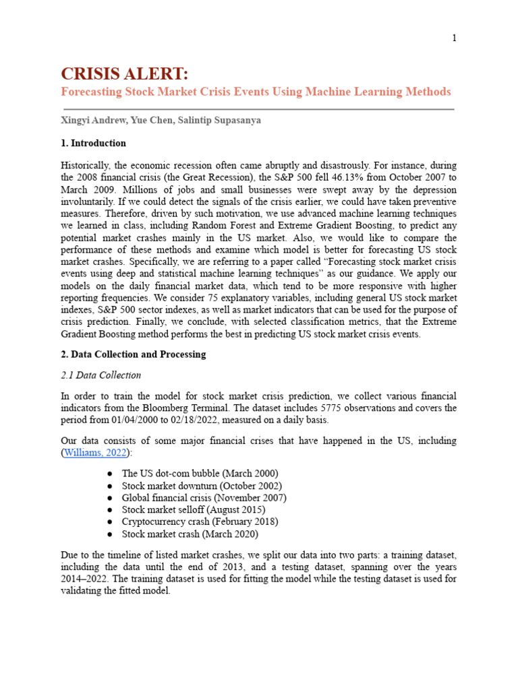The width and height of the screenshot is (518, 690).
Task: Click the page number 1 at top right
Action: pyautogui.click(x=455, y=38)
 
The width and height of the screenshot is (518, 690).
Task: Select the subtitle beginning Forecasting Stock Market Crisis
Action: pyautogui.click(x=256, y=92)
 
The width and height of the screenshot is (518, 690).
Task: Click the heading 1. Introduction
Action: pyautogui.click(x=93, y=143)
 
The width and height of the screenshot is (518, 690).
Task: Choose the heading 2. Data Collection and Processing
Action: pyautogui.click(x=133, y=354)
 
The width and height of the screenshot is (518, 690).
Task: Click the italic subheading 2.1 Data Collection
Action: pyautogui.click(x=100, y=375)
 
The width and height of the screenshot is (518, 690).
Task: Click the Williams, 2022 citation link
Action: pyautogui.click(x=94, y=452)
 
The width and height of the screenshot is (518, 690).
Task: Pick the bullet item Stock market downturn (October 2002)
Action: pyautogui.click(x=202, y=485)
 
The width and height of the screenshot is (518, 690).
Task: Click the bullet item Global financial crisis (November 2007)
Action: pyautogui.click(x=204, y=497)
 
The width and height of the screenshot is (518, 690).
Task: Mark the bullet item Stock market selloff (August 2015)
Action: pyautogui.click(x=194, y=509)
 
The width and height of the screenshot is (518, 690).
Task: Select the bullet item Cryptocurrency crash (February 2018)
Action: pyautogui.click(x=200, y=522)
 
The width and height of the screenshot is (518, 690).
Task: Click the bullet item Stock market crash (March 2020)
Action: pyautogui.click(x=190, y=534)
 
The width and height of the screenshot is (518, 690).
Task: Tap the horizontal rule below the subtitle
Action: pyautogui.click(x=258, y=108)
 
